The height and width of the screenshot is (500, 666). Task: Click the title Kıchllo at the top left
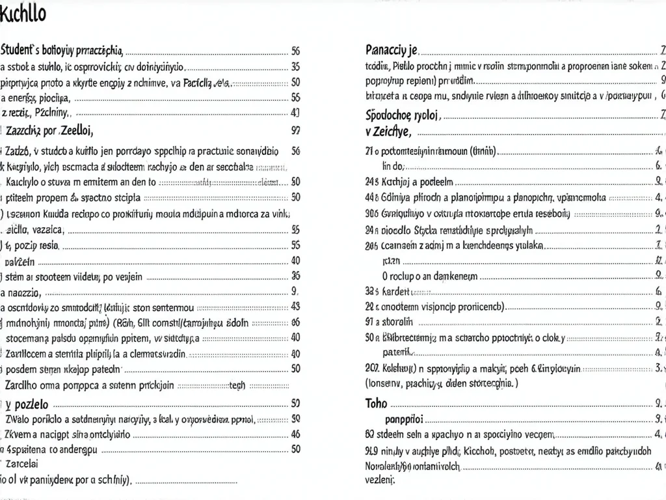(x=23, y=14)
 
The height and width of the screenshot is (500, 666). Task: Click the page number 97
(x=295, y=130)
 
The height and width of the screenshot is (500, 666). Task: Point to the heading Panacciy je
(x=392, y=49)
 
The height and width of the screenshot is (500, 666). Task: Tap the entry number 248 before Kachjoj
(x=373, y=182)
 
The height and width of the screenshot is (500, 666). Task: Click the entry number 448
(x=373, y=197)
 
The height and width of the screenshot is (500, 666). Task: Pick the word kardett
(x=398, y=291)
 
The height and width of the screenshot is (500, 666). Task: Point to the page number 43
(x=295, y=306)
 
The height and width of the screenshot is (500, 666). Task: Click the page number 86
(x=295, y=322)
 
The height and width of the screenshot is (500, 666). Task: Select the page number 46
(x=295, y=433)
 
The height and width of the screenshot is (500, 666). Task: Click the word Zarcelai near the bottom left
(x=21, y=465)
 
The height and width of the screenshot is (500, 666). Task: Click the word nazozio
(x=25, y=291)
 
